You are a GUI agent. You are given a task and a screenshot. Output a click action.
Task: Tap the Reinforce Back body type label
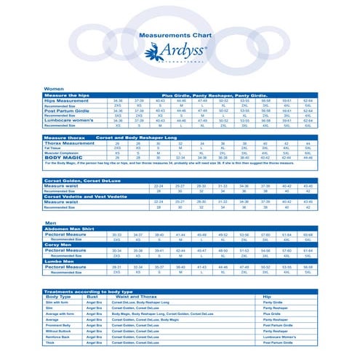point(57,337)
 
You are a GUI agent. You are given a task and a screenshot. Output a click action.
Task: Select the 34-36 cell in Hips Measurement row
point(118,100)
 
